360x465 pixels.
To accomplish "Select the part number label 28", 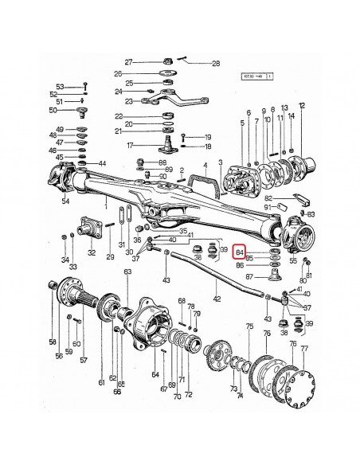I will click(x=193, y=63).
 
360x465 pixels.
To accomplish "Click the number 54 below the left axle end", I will click(x=65, y=201).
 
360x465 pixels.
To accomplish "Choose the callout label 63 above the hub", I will click(x=127, y=273).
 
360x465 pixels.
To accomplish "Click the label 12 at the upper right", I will click(x=302, y=105).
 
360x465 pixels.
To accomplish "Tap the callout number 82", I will click(x=269, y=197).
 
